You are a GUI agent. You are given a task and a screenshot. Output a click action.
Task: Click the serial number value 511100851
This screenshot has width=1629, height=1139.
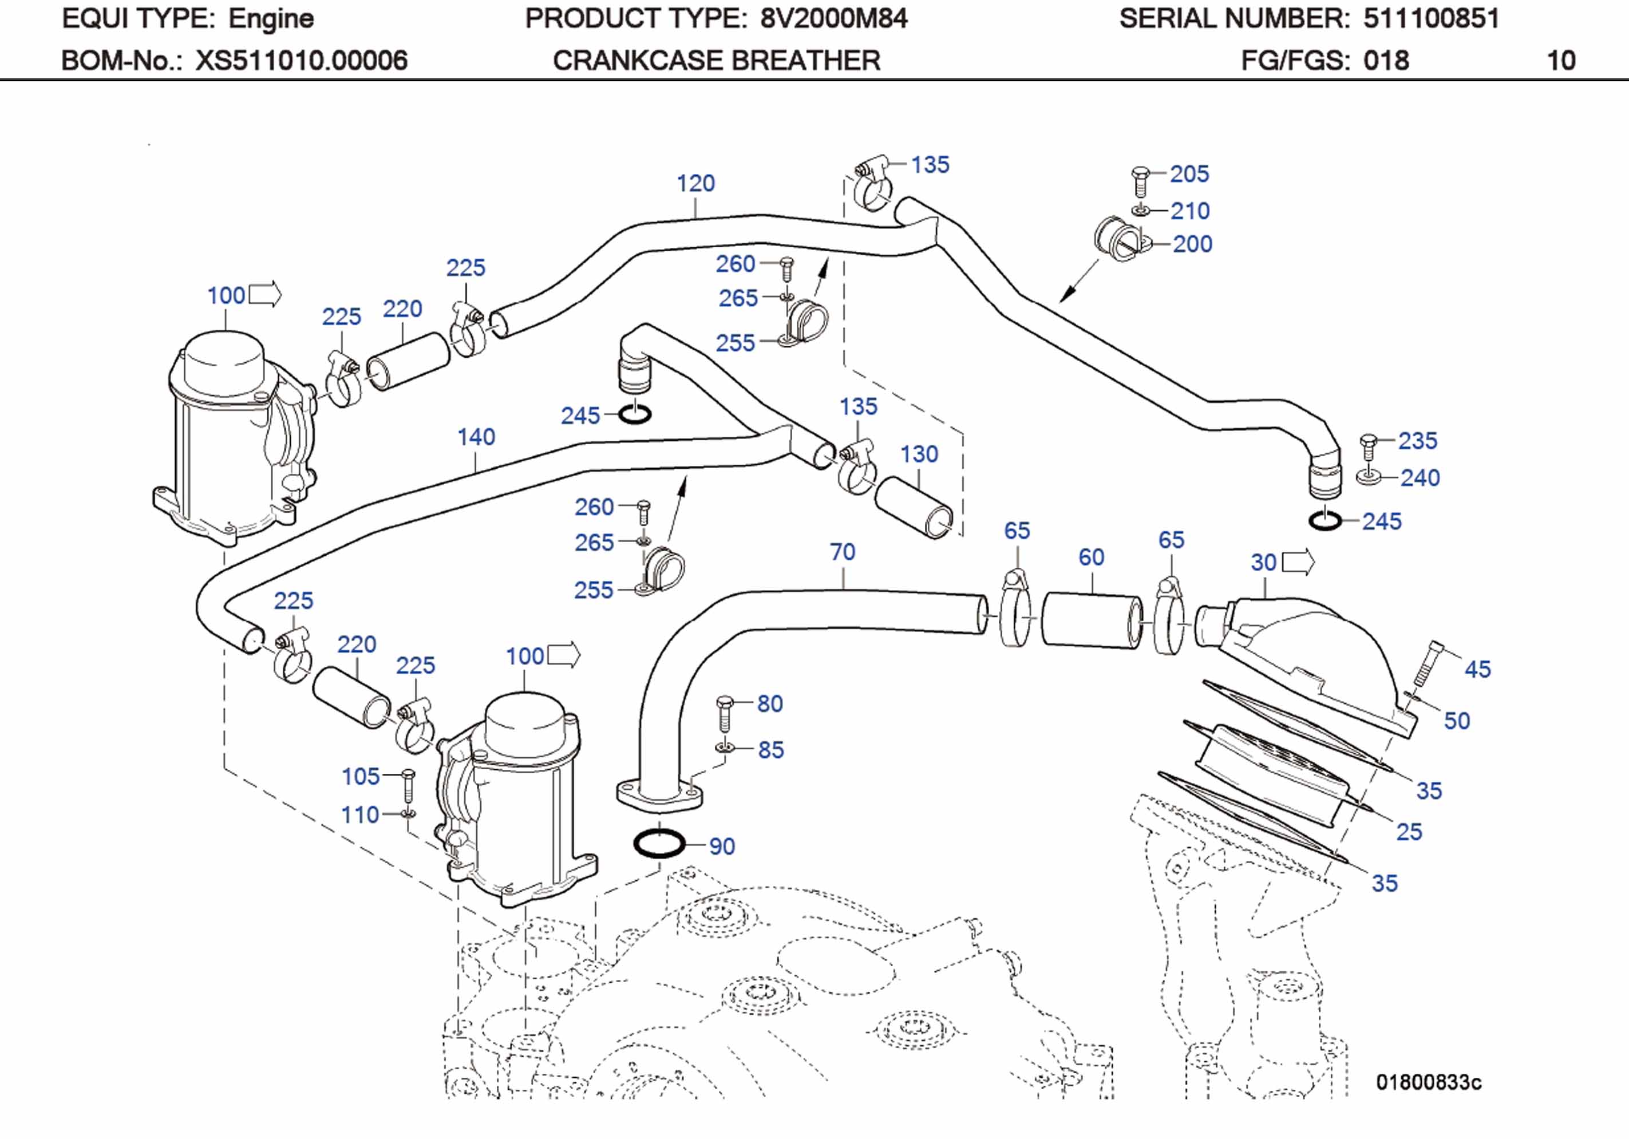[x=1430, y=18]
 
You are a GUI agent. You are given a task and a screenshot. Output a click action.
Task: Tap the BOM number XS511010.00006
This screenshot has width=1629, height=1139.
[x=302, y=60]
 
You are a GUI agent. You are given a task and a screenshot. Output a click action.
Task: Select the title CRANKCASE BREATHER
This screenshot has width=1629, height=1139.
[x=717, y=60]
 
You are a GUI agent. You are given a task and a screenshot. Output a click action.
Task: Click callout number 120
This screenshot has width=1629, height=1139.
[x=695, y=183]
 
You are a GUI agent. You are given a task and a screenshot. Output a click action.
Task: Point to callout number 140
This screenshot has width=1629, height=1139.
[x=476, y=437]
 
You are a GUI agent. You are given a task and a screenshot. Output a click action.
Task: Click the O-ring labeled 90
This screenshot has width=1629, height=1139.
[x=659, y=844]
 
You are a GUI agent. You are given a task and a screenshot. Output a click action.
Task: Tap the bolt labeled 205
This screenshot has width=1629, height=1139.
[x=1140, y=181]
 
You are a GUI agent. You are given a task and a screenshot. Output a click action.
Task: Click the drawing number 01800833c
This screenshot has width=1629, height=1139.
[x=1428, y=1082]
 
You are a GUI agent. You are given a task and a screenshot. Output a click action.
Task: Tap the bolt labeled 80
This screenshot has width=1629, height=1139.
[x=725, y=713]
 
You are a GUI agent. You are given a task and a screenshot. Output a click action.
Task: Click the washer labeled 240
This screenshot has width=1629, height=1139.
[x=1369, y=476]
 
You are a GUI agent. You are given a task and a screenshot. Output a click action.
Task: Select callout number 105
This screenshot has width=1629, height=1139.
[x=361, y=776]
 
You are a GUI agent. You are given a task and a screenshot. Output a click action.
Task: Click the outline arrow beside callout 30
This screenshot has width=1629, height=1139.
[x=1300, y=563]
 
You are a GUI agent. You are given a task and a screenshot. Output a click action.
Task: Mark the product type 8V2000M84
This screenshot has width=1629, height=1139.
[x=833, y=18]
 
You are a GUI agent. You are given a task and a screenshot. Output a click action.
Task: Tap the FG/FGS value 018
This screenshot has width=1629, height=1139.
[x=1385, y=60]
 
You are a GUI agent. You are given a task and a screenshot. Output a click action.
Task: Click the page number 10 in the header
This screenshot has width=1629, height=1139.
[x=1561, y=60]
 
